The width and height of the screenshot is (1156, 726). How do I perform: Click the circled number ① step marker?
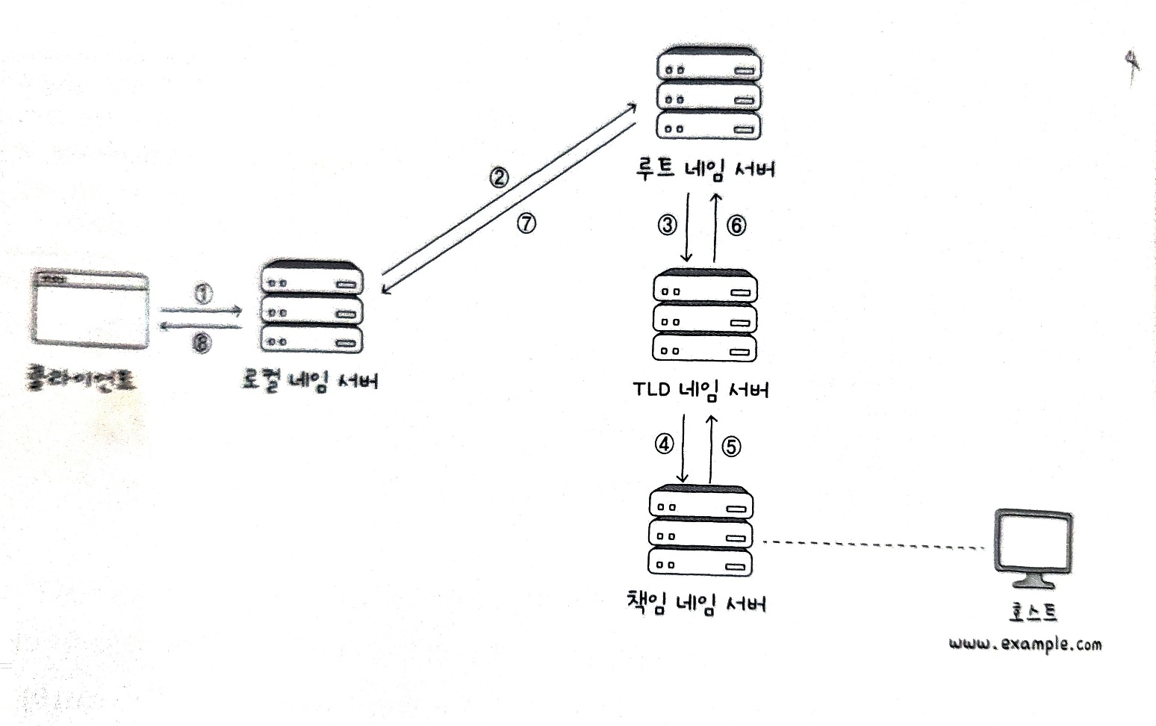[x=203, y=294]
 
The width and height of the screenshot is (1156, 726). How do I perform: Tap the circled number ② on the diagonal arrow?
[x=499, y=178]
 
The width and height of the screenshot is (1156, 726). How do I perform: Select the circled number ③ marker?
[x=667, y=225]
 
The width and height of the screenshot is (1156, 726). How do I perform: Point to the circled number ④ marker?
[x=664, y=444]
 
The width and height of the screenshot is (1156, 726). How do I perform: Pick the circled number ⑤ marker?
[x=731, y=447]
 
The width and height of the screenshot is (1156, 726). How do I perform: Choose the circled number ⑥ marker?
[x=736, y=225]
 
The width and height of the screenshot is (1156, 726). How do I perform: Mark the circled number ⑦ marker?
[x=526, y=223]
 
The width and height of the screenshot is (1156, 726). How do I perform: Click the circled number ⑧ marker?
[x=202, y=343]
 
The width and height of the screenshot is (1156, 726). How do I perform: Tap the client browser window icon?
[x=90, y=309]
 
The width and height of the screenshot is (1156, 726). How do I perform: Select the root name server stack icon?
[x=708, y=95]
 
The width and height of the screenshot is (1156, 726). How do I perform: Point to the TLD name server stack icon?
[x=705, y=317]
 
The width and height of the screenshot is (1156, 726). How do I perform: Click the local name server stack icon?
[x=311, y=308]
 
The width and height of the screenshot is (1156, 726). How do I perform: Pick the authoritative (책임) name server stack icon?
[x=700, y=531]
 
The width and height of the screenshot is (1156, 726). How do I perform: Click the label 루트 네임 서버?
[x=705, y=168]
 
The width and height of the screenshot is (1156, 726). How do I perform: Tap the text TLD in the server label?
[x=652, y=390]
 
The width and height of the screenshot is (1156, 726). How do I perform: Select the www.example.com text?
[x=1025, y=644]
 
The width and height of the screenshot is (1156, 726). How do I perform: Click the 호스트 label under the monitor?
[x=1033, y=612]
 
